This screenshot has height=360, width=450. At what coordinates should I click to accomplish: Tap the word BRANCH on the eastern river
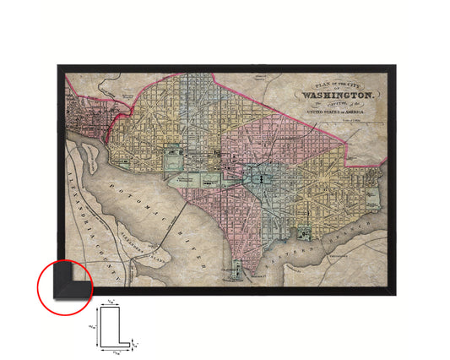336,236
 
